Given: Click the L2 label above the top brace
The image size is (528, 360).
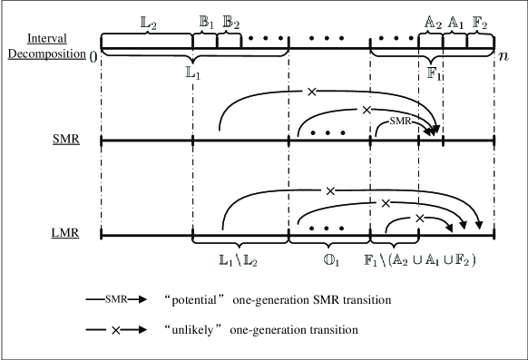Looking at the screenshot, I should [x=144, y=21].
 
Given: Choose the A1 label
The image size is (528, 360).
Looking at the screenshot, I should [x=456, y=21].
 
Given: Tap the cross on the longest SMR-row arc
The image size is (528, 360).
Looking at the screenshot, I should [x=311, y=92].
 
